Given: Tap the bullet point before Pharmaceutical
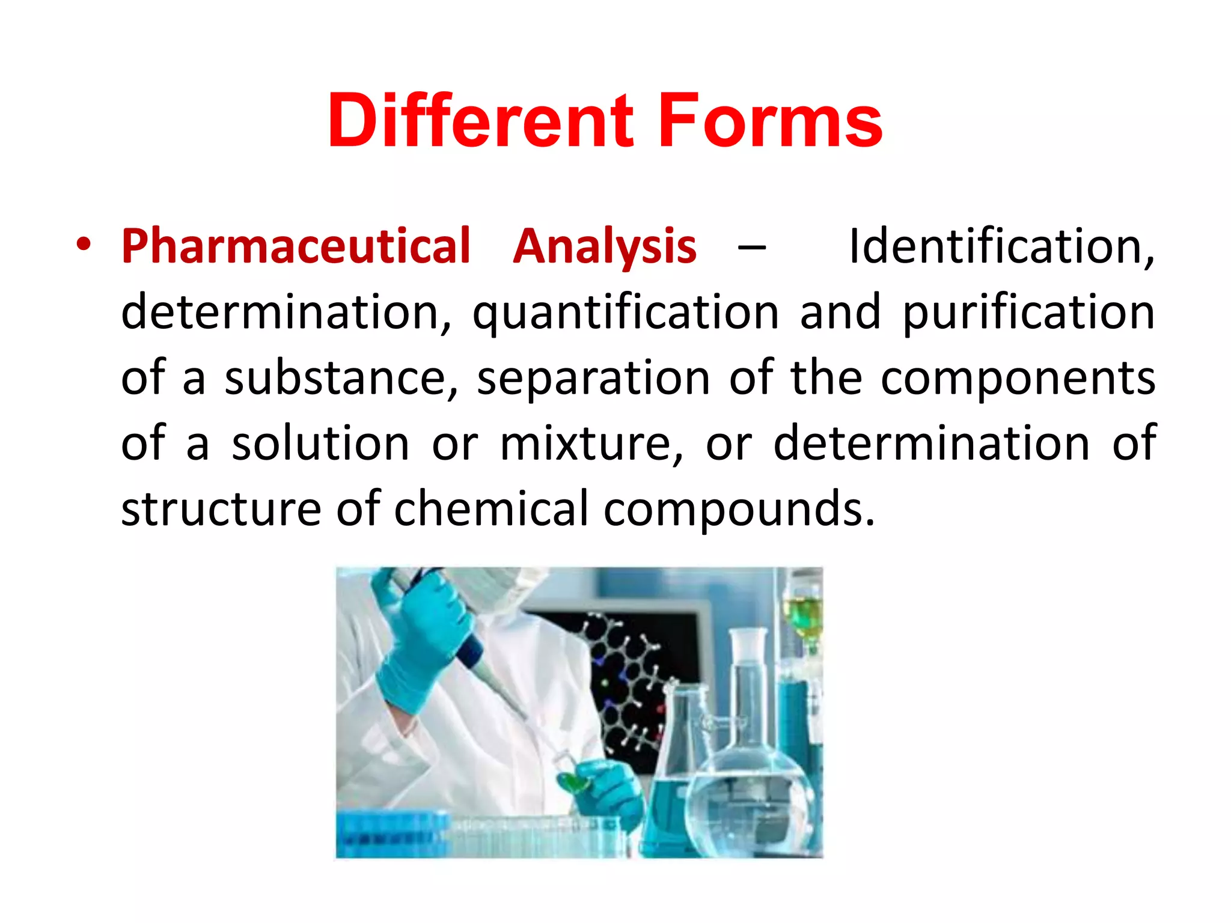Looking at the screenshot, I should [84, 245].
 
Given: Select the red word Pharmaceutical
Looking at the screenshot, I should [296, 246].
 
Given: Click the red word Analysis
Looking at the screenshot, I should [605, 246].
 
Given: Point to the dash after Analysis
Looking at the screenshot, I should [751, 246].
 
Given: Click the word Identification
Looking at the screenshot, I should [1001, 246].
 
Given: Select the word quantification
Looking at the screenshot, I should [625, 312].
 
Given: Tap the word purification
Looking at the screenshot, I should [1028, 312].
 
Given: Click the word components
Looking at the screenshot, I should [1018, 379].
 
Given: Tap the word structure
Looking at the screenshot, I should [221, 509].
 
